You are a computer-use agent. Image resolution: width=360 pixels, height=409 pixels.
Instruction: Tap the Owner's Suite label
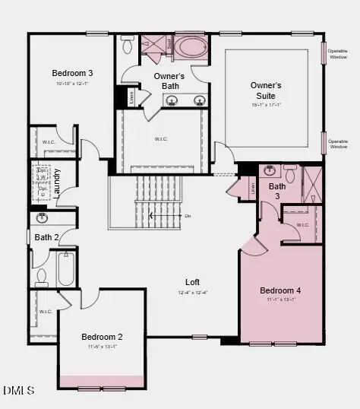(x=266, y=91)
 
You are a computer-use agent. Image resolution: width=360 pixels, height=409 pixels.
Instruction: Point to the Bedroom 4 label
(x=280, y=290)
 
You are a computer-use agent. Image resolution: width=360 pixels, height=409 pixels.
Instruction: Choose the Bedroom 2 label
(x=103, y=337)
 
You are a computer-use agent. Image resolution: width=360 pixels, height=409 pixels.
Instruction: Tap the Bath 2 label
(x=46, y=238)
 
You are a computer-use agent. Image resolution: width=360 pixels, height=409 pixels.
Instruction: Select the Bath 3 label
(x=277, y=191)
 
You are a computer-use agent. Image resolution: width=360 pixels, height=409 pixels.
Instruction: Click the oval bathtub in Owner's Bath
(x=190, y=48)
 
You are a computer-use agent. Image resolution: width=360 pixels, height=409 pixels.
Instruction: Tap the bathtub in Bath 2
(x=66, y=269)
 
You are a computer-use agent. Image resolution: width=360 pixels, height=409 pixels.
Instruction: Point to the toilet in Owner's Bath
(x=128, y=45)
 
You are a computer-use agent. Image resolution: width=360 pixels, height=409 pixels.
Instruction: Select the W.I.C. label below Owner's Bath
(x=160, y=139)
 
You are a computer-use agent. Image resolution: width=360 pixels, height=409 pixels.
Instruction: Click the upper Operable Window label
(x=339, y=52)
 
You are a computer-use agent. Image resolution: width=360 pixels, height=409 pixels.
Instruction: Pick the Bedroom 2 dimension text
(x=103, y=347)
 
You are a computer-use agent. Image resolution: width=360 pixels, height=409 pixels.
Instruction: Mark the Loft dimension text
(x=192, y=292)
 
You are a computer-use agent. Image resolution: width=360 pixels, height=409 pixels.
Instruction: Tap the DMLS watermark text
(x=19, y=391)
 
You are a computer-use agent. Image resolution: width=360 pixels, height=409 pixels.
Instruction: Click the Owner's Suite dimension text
(x=266, y=105)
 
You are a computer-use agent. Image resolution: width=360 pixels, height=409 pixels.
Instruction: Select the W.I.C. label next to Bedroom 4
(x=302, y=224)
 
